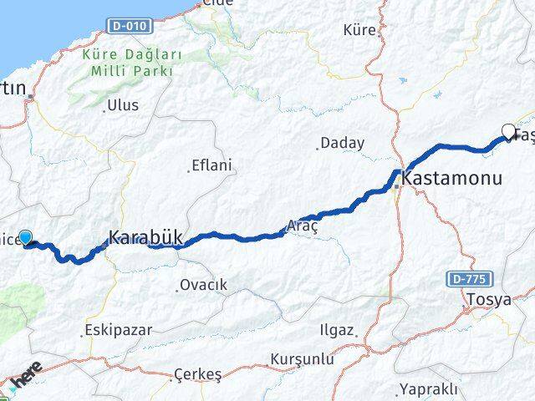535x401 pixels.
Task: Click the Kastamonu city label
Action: click(x=452, y=179)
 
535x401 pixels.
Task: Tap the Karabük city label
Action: click(x=145, y=236)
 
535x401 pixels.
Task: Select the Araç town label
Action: click(x=302, y=226)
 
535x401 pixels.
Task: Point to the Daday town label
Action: click(x=343, y=144)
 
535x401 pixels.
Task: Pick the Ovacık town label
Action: click(x=203, y=286)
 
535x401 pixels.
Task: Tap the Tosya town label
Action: click(x=489, y=300)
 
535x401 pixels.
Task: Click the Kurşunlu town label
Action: click(x=302, y=359)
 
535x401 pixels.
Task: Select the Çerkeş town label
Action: click(x=197, y=375)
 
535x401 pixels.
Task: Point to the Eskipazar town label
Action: click(x=120, y=330)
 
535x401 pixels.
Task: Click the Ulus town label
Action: click(x=123, y=106)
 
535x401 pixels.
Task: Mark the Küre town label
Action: click(x=360, y=30)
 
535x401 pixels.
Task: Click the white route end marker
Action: click(x=508, y=130)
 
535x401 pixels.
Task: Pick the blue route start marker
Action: click(x=25, y=238)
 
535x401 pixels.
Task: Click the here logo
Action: click(x=25, y=377)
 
